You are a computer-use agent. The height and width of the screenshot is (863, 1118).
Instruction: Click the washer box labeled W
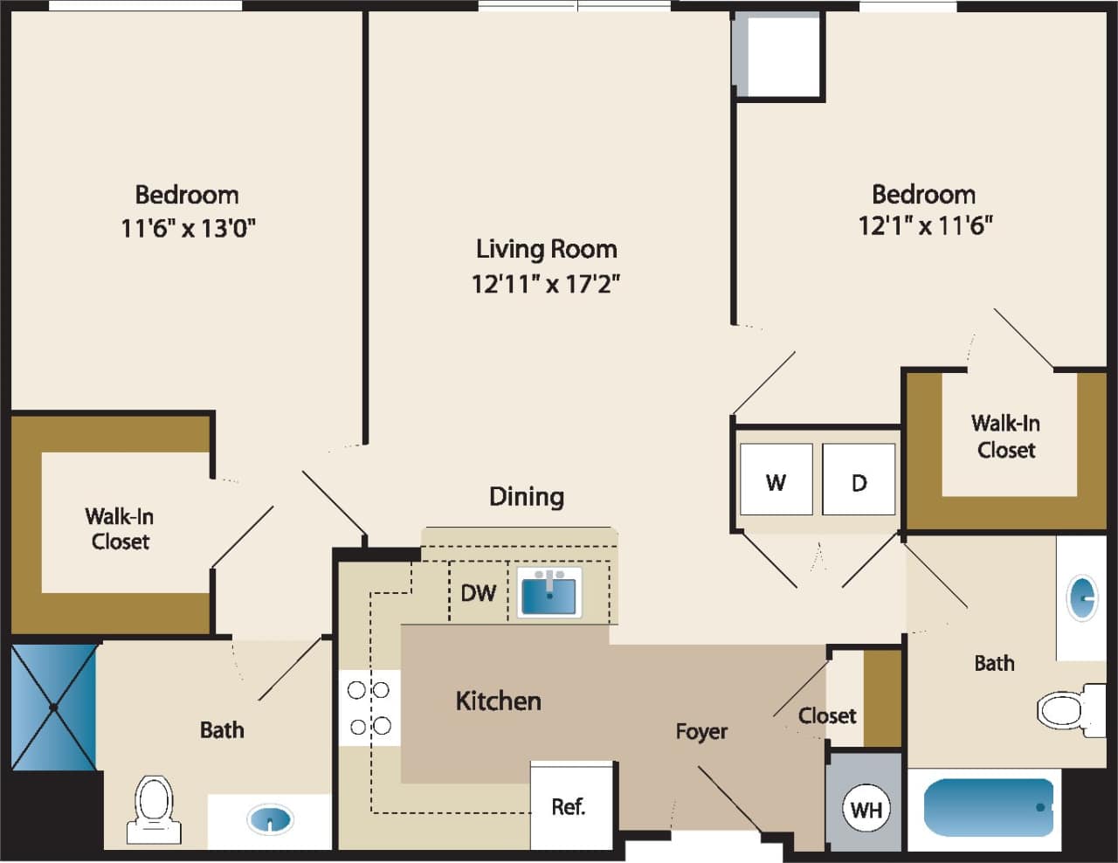776,480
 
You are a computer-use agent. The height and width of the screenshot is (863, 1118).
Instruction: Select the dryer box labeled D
859,480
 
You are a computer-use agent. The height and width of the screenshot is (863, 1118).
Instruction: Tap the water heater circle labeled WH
866,809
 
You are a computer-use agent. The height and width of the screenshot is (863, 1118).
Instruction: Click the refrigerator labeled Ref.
568,806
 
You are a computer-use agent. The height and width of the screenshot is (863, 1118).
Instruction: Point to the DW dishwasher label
478,593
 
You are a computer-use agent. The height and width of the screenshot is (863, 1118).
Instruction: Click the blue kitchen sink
549,594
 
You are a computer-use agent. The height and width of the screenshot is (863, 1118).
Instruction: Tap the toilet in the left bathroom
155,808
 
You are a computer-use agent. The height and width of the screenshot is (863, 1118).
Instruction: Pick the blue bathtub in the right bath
988,807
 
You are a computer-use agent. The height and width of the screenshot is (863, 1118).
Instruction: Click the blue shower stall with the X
54,707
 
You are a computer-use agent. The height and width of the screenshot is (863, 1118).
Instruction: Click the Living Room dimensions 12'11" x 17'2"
546,284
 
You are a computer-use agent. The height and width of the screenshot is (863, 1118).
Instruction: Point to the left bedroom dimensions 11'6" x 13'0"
188,229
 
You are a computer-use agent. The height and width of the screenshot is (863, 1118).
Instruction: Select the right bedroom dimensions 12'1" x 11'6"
924,226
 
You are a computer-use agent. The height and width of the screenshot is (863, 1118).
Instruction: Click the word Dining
526,497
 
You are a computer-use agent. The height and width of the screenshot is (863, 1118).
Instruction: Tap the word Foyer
700,731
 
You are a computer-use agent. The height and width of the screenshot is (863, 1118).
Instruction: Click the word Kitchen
498,701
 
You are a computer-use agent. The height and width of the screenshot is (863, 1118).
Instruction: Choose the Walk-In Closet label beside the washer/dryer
1005,436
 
